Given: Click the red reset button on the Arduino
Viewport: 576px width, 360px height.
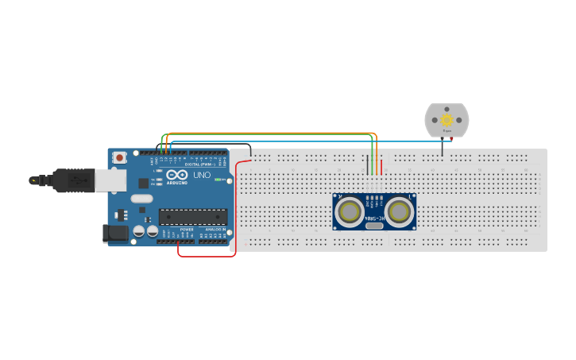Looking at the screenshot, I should (x=119, y=158).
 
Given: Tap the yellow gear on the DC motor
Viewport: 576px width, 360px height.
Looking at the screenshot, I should (x=446, y=120).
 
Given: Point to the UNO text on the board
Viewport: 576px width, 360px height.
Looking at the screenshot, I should (x=203, y=175).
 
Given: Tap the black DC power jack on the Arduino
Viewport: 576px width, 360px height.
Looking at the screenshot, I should (x=114, y=233).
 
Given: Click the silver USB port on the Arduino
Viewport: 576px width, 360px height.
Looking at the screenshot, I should (x=110, y=180).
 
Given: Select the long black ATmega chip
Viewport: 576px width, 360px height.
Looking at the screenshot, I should (x=193, y=216).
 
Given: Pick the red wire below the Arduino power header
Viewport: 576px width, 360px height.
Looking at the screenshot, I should (x=205, y=256).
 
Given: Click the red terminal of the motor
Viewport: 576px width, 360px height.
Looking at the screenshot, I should (x=452, y=139).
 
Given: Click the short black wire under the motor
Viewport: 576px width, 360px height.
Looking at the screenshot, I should (x=443, y=146).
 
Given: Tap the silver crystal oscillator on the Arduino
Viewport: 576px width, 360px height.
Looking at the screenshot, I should (x=141, y=199).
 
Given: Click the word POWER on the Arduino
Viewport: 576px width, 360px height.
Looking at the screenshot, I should (x=187, y=230).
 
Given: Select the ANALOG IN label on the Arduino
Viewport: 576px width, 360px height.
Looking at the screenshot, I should (x=214, y=230).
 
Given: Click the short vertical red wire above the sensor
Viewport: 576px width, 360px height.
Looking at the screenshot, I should (x=381, y=167).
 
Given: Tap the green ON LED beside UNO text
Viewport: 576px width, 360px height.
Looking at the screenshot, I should (x=216, y=180).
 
